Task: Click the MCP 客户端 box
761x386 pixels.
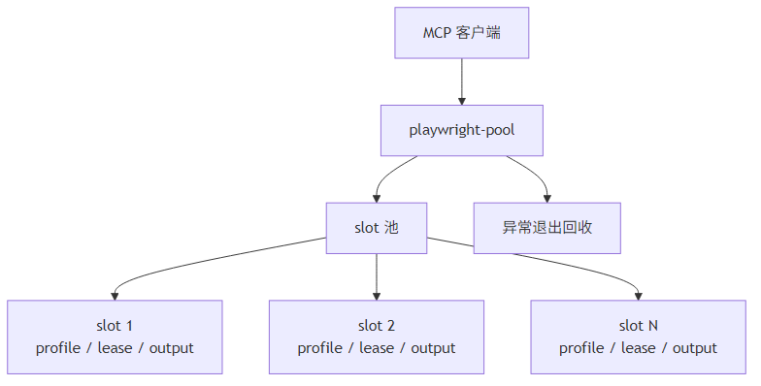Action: point(461,33)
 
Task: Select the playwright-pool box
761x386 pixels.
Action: point(461,130)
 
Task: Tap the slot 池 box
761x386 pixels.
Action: point(377,228)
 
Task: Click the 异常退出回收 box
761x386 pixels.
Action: point(547,228)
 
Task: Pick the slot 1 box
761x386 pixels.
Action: point(115,337)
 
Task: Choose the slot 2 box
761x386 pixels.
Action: point(377,337)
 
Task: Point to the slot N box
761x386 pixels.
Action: point(638,337)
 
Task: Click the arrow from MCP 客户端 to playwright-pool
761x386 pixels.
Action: point(461,81)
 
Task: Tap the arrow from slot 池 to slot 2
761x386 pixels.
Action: point(377,276)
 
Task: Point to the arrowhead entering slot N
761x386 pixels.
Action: point(639,295)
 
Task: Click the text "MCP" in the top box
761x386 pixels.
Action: point(437,33)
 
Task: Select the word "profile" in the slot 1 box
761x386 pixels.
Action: point(59,348)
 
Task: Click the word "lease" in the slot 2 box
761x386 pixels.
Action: point(377,348)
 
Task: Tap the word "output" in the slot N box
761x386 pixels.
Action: point(695,348)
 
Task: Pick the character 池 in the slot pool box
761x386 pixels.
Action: point(391,228)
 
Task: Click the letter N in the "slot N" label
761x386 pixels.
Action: point(653,326)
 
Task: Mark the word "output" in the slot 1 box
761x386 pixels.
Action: point(172,348)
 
